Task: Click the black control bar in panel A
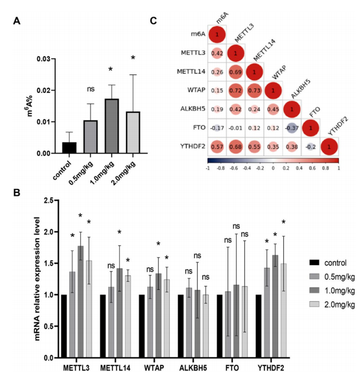click(69, 147)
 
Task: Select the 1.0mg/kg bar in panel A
click(112, 126)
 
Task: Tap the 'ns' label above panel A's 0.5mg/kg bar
click(91, 89)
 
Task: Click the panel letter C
click(153, 21)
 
